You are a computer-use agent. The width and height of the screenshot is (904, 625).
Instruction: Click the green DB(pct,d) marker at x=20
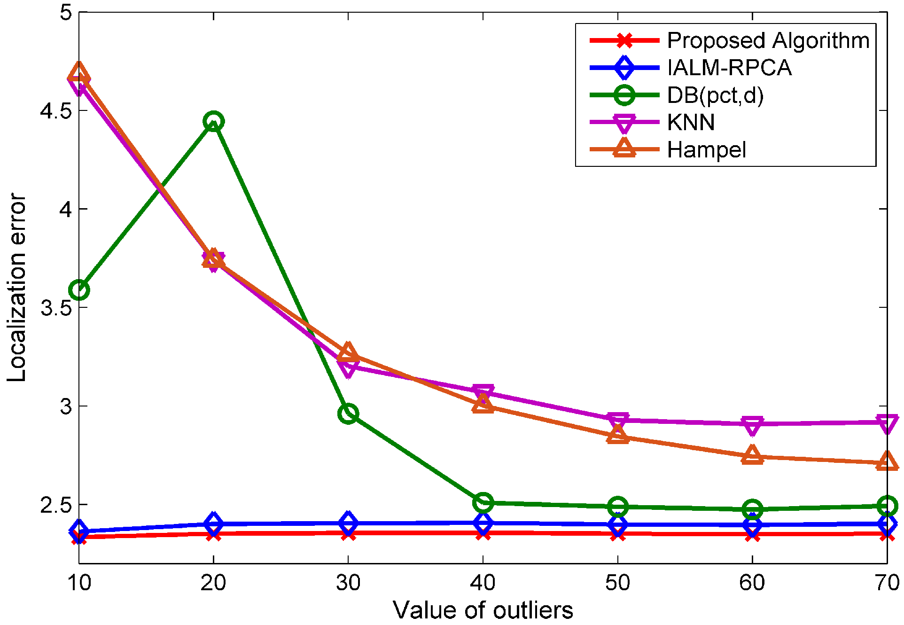click(x=213, y=121)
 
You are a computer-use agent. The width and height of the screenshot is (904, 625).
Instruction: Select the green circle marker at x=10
click(x=79, y=290)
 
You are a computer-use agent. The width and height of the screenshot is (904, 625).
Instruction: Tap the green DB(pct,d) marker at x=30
click(x=348, y=414)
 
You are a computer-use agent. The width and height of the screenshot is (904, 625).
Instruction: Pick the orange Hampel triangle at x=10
click(x=79, y=75)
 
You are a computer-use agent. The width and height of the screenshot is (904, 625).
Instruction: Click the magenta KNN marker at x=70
click(x=887, y=423)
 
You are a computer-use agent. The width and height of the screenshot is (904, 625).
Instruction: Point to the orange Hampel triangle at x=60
click(x=752, y=455)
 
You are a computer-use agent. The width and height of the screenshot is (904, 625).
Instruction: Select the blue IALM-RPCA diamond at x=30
click(x=348, y=523)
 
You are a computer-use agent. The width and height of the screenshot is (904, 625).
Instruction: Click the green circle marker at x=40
click(x=483, y=502)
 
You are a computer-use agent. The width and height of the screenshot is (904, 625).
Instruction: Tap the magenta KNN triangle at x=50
click(x=617, y=421)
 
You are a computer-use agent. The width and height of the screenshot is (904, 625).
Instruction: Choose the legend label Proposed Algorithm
click(x=768, y=40)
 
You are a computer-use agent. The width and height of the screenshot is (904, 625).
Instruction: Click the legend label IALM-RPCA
click(x=729, y=68)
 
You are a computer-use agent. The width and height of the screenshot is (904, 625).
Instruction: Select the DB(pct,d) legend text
click(x=715, y=95)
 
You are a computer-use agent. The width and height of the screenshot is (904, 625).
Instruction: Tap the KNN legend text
click(x=691, y=123)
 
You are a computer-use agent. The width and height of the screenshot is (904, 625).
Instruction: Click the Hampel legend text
click(x=706, y=150)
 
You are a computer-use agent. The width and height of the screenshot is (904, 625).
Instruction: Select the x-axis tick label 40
click(x=483, y=583)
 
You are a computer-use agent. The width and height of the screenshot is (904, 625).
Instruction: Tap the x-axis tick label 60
click(x=752, y=583)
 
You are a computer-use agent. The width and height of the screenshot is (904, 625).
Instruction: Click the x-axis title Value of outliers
click(x=483, y=610)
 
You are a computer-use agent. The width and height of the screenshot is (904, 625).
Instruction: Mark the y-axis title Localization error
click(x=17, y=288)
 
